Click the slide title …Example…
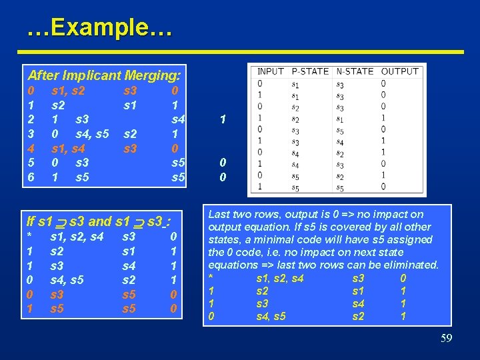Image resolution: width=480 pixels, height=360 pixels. [100, 28]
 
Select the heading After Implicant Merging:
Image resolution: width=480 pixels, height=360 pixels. [105, 75]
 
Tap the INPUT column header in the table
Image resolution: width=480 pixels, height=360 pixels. [271, 71]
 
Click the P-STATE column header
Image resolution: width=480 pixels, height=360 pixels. [310, 71]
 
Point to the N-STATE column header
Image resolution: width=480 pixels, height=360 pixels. [355, 71]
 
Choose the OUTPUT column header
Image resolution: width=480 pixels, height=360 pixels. [400, 71]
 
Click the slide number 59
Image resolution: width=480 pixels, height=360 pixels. [446, 339]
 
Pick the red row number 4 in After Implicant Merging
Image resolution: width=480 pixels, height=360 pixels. [30, 148]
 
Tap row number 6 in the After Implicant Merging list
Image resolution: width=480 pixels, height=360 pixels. [30, 177]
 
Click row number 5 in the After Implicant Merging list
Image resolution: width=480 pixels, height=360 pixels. [30, 163]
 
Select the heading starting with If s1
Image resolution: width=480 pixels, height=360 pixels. [99, 221]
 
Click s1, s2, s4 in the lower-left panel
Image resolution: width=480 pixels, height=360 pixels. [77, 236]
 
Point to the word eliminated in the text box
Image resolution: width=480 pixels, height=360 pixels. [411, 265]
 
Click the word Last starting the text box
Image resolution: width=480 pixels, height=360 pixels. [220, 215]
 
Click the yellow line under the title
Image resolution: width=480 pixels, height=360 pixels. [240, 51]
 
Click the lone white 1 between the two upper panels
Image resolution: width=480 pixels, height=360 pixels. [223, 119]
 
